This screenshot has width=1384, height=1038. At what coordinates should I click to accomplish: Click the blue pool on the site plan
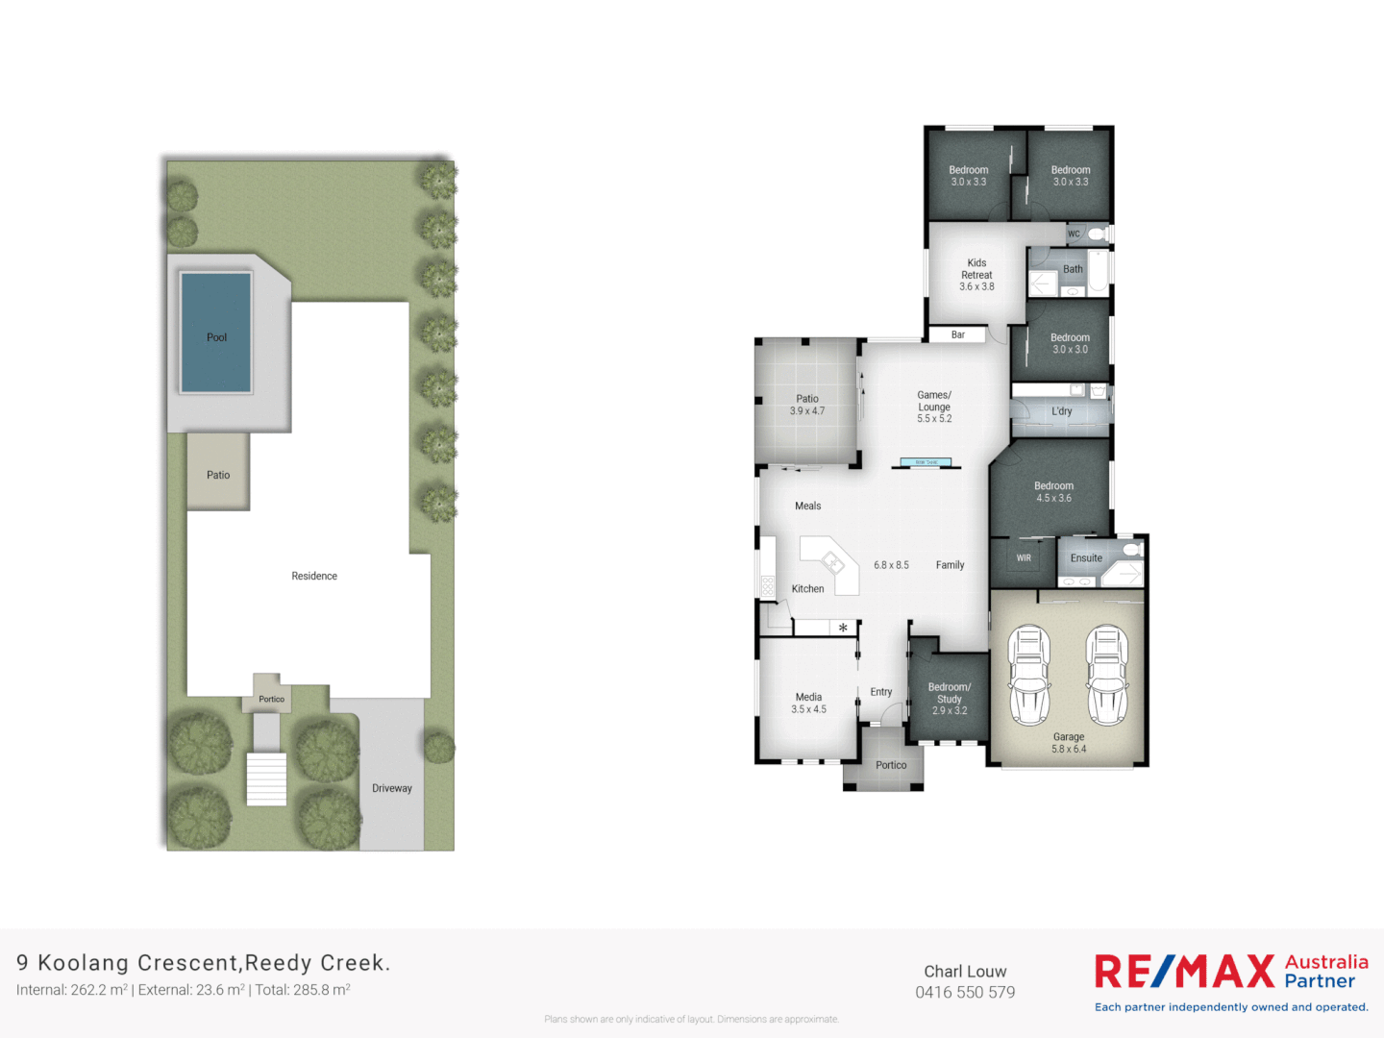216,332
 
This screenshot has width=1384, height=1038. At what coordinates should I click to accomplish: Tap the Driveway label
392,788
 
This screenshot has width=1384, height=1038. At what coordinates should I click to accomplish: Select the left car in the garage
1028,675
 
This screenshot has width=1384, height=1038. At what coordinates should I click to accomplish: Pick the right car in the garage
1107,675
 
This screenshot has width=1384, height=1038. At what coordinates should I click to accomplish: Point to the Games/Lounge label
934,401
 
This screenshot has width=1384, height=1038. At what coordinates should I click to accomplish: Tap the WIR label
1024,558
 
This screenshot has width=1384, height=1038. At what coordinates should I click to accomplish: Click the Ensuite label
1086,558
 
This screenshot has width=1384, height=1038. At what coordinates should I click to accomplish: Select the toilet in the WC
1098,234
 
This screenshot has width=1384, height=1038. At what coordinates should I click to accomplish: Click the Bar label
958,334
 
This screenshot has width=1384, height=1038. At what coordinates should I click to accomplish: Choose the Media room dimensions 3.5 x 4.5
808,710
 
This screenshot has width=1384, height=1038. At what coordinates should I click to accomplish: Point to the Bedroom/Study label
950,693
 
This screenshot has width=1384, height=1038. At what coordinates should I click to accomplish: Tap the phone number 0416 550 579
965,993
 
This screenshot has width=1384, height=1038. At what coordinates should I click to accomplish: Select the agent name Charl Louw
965,972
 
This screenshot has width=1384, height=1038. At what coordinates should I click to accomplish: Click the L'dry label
1062,411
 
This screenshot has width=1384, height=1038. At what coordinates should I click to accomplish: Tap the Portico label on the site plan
271,700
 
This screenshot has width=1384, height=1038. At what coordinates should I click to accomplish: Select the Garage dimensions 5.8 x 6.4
1069,750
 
